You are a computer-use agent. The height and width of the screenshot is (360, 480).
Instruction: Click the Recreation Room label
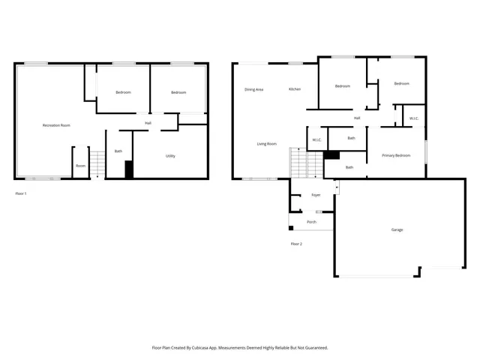tap(56, 125)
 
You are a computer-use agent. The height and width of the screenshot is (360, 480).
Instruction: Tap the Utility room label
tap(171, 156)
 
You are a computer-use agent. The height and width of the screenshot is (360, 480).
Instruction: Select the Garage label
tap(397, 229)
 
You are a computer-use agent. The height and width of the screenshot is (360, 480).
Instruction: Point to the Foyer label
tap(316, 195)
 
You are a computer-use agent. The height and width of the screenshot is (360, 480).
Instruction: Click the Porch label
tap(311, 222)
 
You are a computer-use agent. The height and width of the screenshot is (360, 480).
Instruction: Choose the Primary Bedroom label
tap(396, 155)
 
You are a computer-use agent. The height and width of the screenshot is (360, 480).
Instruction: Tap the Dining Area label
tap(254, 89)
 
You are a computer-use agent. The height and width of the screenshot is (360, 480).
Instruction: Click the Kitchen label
tap(295, 89)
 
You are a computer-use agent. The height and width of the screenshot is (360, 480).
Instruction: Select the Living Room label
tap(267, 144)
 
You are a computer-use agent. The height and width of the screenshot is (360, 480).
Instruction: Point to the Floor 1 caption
tap(21, 193)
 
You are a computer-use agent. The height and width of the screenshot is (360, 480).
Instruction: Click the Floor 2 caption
tap(296, 244)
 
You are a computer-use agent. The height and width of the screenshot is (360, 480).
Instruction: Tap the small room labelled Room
tap(80, 166)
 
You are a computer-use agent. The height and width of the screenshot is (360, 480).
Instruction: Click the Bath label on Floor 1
tap(118, 151)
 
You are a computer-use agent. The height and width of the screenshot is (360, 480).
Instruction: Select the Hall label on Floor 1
tap(148, 123)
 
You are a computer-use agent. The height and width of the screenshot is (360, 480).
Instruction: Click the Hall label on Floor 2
tap(357, 118)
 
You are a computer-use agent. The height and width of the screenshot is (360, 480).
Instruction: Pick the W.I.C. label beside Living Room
tap(316, 139)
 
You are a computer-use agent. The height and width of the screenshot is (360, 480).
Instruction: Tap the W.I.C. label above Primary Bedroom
tap(414, 118)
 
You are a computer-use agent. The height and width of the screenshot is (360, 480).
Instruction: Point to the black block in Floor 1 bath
tap(129, 169)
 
